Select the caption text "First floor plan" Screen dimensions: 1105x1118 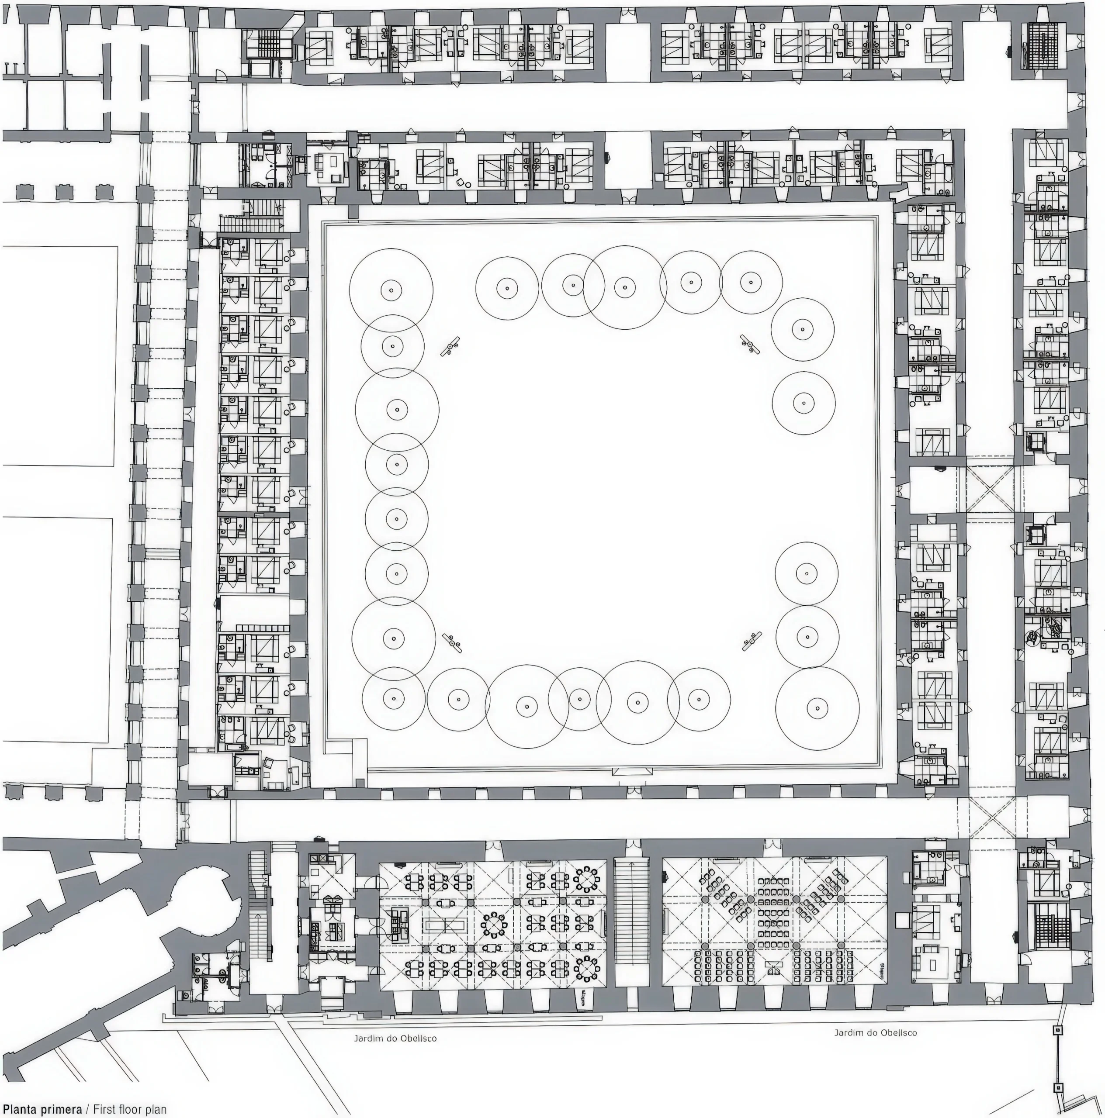[x=130, y=1109]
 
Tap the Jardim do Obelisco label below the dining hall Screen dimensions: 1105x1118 [x=395, y=1038]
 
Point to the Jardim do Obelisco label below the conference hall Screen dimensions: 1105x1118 [x=875, y=1032]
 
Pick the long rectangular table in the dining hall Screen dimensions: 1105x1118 [x=446, y=924]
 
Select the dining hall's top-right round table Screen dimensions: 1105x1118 [x=587, y=880]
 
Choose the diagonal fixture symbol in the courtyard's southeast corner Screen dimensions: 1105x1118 [x=752, y=641]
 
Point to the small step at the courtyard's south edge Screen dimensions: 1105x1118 [x=632, y=771]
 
